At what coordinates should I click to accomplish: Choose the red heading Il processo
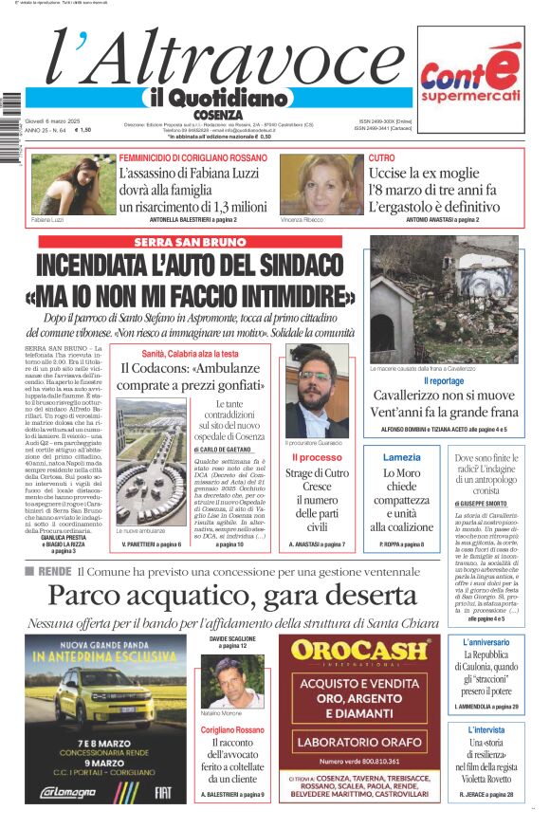tap(317, 457)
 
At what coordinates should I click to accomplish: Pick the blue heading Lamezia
tap(401, 457)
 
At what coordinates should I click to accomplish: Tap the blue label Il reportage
tap(444, 380)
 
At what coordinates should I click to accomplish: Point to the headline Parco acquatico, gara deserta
tap(232, 596)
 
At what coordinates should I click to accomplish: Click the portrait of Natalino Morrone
tap(232, 683)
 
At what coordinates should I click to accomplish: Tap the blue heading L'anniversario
tap(486, 642)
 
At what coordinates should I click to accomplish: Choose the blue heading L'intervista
tap(486, 729)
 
